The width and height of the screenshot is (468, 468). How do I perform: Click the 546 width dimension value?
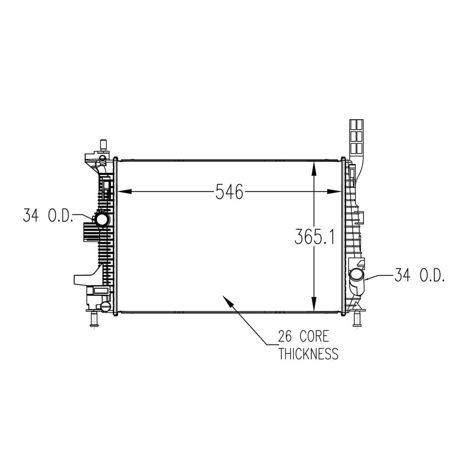(229, 191)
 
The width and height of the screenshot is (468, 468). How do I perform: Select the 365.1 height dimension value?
(314, 237)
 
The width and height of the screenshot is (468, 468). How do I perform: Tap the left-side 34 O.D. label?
(48, 216)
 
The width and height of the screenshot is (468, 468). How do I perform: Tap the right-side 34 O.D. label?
(419, 275)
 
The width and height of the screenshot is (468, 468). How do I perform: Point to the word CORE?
(314, 337)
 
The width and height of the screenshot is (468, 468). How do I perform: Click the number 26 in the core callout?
(285, 337)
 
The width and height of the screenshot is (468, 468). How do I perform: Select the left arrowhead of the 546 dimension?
(125, 191)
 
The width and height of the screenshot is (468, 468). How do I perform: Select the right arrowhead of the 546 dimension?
(334, 191)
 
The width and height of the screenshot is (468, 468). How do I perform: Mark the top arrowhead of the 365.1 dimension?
(314, 168)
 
